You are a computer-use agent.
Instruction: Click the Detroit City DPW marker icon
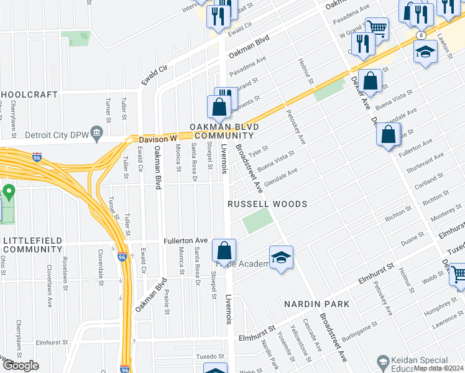pos(96,133)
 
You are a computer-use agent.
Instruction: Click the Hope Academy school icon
pos(281,259)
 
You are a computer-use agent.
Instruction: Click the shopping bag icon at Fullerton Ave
pos(224,251)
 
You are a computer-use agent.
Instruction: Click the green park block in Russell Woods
pos(257,221)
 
